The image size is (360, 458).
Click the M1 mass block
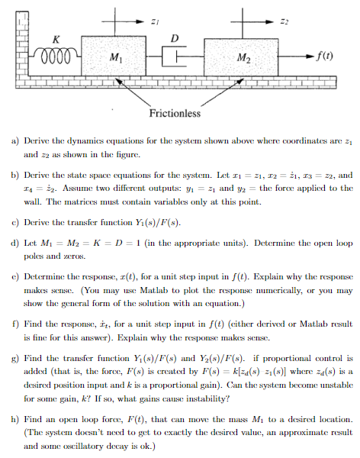coord(114,56)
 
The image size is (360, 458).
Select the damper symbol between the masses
coord(173,56)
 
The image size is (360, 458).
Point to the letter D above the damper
coord(175,38)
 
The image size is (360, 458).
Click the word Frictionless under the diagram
coord(175,114)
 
